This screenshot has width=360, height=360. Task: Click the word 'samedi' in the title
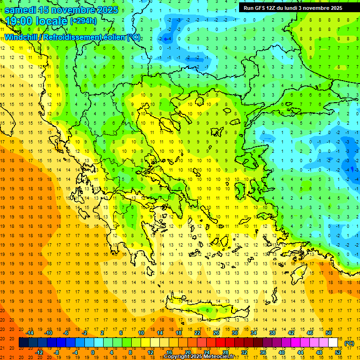click(x=21, y=10)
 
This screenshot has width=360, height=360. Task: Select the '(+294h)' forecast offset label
click(x=83, y=21)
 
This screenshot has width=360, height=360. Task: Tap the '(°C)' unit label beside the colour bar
click(x=349, y=343)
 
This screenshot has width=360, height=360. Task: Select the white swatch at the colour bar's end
click(x=333, y=343)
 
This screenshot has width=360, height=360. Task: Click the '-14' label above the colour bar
click(x=30, y=333)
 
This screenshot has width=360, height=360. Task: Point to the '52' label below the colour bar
click(x=338, y=352)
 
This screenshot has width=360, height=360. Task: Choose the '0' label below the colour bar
click(x=93, y=352)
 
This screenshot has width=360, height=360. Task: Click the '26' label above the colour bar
click(x=216, y=333)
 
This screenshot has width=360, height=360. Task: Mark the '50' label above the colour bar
click(x=329, y=333)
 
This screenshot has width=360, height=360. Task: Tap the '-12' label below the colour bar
click(x=39, y=352)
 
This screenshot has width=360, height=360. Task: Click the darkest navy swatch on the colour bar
click(x=23, y=343)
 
